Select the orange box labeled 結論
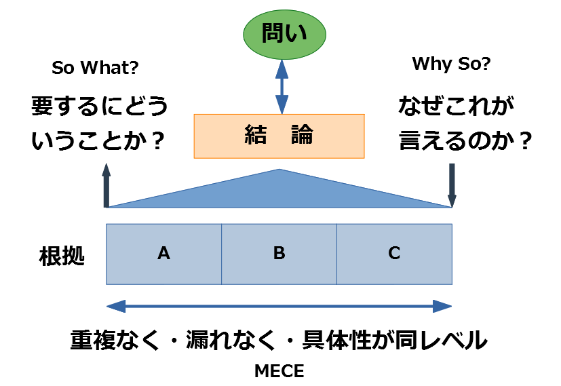click(x=279, y=136)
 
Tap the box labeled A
click(x=163, y=254)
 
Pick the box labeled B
click(x=279, y=254)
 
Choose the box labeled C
click(x=394, y=254)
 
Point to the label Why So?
click(x=451, y=64)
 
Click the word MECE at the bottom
click(x=279, y=371)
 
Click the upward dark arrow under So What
click(x=106, y=185)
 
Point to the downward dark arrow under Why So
click(x=452, y=185)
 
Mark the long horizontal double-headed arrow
click(x=279, y=307)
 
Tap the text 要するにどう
click(x=99, y=108)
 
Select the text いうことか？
click(x=99, y=142)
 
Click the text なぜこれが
click(x=456, y=107)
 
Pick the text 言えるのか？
click(x=464, y=142)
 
